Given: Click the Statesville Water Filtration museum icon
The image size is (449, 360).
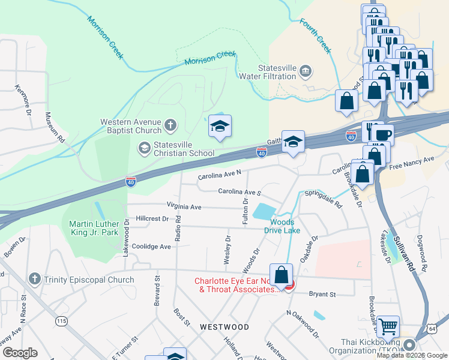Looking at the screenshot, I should (306, 71).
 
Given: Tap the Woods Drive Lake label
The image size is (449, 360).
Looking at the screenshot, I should (281, 226).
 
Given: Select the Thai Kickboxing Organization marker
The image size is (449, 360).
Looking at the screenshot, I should (409, 345).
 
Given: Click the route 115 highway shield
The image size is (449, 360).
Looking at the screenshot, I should (61, 321).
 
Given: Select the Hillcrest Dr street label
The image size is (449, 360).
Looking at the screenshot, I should (152, 219).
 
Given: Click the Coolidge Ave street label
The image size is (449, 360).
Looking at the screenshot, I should (151, 247).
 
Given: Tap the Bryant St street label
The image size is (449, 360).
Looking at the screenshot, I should (322, 295).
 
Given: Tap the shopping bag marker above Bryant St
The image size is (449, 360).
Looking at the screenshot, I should (281, 275).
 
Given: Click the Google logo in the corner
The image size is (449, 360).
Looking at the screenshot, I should (19, 353).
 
